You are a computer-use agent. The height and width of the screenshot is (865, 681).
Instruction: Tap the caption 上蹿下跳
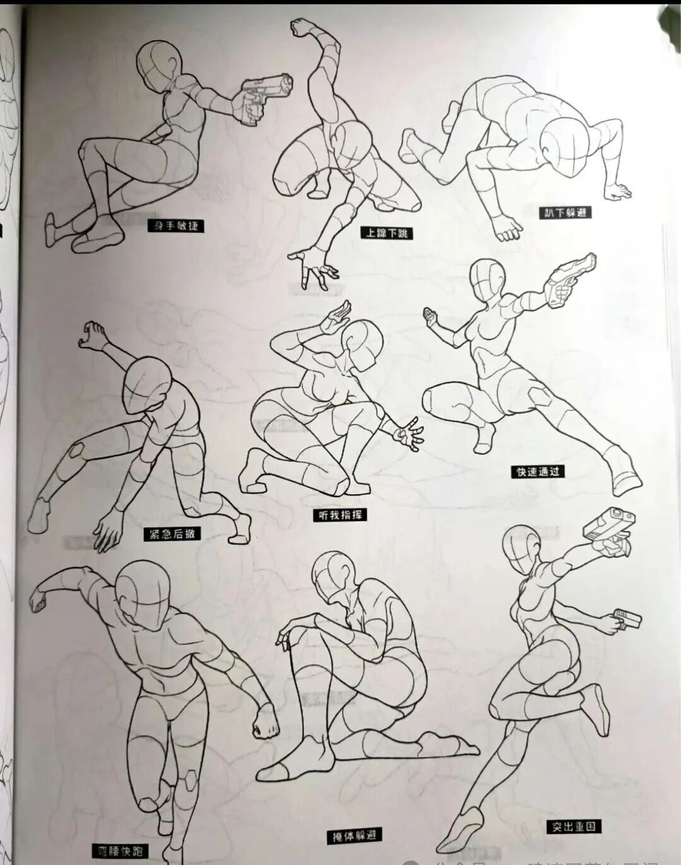(x=387, y=233)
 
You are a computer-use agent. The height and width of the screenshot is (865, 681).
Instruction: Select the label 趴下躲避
(x=566, y=212)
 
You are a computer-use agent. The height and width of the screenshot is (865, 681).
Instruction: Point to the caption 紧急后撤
(x=172, y=534)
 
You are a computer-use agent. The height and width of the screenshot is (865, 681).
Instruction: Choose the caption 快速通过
(x=538, y=471)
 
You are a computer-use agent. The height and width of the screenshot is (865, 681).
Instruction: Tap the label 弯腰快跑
(x=120, y=852)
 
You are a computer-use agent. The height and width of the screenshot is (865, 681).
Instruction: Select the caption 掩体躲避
(x=354, y=836)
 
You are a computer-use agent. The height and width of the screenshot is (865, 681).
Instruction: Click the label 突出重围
(x=573, y=826)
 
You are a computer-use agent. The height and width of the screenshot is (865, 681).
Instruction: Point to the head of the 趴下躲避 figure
(x=566, y=146)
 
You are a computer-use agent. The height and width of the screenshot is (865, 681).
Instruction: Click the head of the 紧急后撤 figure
(x=148, y=384)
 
